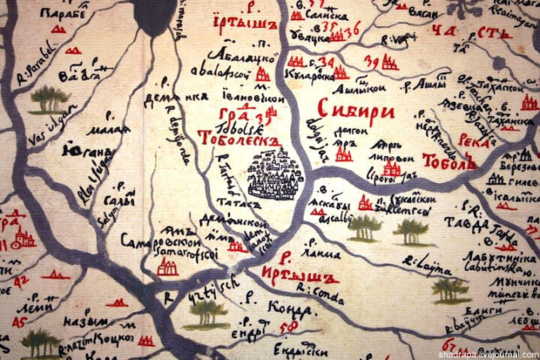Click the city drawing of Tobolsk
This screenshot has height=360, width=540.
point(275,175)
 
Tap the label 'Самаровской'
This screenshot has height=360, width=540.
point(160,242)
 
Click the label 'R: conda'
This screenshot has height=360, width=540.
point(314,288)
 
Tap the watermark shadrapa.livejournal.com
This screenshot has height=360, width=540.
point(487,353)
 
